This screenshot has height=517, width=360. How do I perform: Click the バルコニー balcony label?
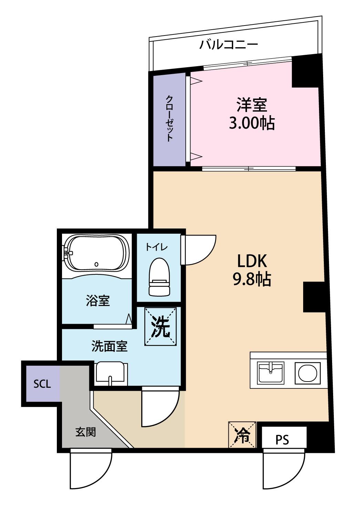click(229, 45)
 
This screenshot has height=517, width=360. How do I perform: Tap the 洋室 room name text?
click(251, 105)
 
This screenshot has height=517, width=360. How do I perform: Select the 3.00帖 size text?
click(251, 123)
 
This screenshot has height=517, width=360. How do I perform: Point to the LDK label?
click(251, 261)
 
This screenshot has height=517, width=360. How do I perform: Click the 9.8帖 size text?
click(252, 280)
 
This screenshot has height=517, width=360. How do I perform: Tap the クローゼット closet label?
click(169, 118)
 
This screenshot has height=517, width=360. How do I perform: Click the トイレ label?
click(156, 247)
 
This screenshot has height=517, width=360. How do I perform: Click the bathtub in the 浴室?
click(96, 254)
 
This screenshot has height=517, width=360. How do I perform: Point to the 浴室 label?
click(98, 301)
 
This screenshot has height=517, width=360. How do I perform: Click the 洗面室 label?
click(110, 346)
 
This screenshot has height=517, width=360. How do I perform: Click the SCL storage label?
click(42, 384)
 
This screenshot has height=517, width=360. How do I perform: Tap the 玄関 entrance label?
click(85, 432)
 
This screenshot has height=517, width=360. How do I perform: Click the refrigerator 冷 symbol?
click(243, 435)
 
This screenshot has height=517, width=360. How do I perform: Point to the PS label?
click(282, 439)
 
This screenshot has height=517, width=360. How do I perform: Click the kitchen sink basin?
click(271, 373)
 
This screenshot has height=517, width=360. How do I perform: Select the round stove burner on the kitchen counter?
click(307, 373)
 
